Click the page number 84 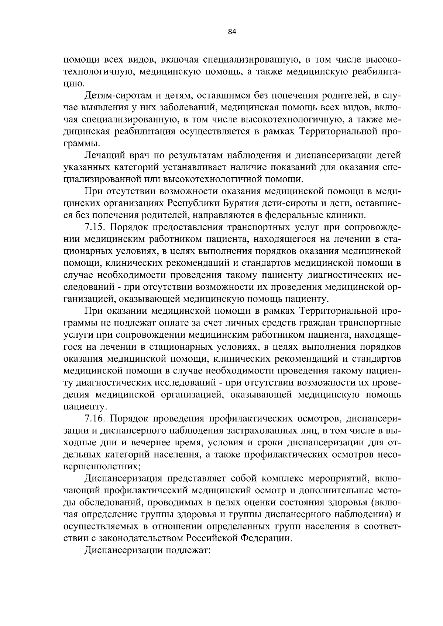tap(232, 32)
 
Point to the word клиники tap(346, 215)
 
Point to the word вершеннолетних tap(102, 466)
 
